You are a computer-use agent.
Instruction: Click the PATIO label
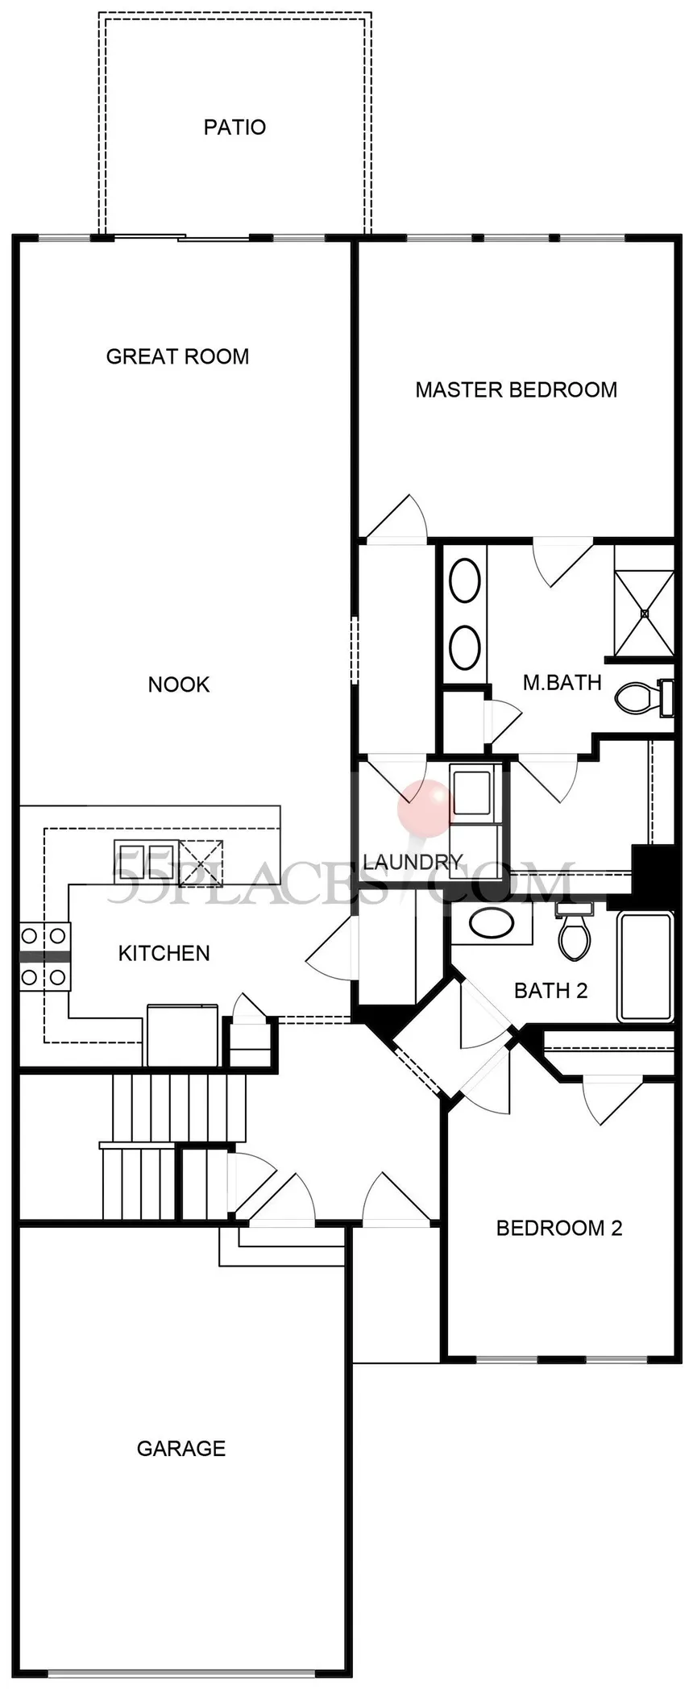pyautogui.click(x=234, y=127)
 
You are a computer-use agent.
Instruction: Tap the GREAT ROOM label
pyautogui.click(x=178, y=356)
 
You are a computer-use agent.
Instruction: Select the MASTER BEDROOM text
pyautogui.click(x=517, y=390)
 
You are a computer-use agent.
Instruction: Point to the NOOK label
pyautogui.click(x=179, y=684)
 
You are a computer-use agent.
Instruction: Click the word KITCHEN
pyautogui.click(x=164, y=954)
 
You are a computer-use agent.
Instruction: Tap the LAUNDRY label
pyautogui.click(x=413, y=862)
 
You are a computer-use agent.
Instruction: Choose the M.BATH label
pyautogui.click(x=562, y=683)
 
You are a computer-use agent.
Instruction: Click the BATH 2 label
pyautogui.click(x=551, y=990)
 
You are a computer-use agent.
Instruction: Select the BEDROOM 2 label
pyautogui.click(x=559, y=1228)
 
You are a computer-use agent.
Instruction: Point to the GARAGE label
pyautogui.click(x=181, y=1449)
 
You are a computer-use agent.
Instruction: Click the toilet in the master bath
pyautogui.click(x=645, y=697)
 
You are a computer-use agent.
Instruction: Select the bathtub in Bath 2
pyautogui.click(x=645, y=967)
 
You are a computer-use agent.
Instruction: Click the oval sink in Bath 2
pyautogui.click(x=492, y=923)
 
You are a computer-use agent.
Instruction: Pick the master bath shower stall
pyautogui.click(x=644, y=601)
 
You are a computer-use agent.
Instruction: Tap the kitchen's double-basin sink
pyautogui.click(x=141, y=860)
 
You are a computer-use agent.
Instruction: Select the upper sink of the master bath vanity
pyautogui.click(x=465, y=581)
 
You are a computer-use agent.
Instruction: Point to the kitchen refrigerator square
pyautogui.click(x=182, y=1035)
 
